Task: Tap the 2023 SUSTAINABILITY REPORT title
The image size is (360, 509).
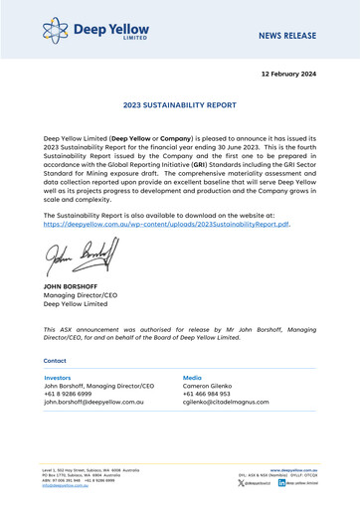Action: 179,103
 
